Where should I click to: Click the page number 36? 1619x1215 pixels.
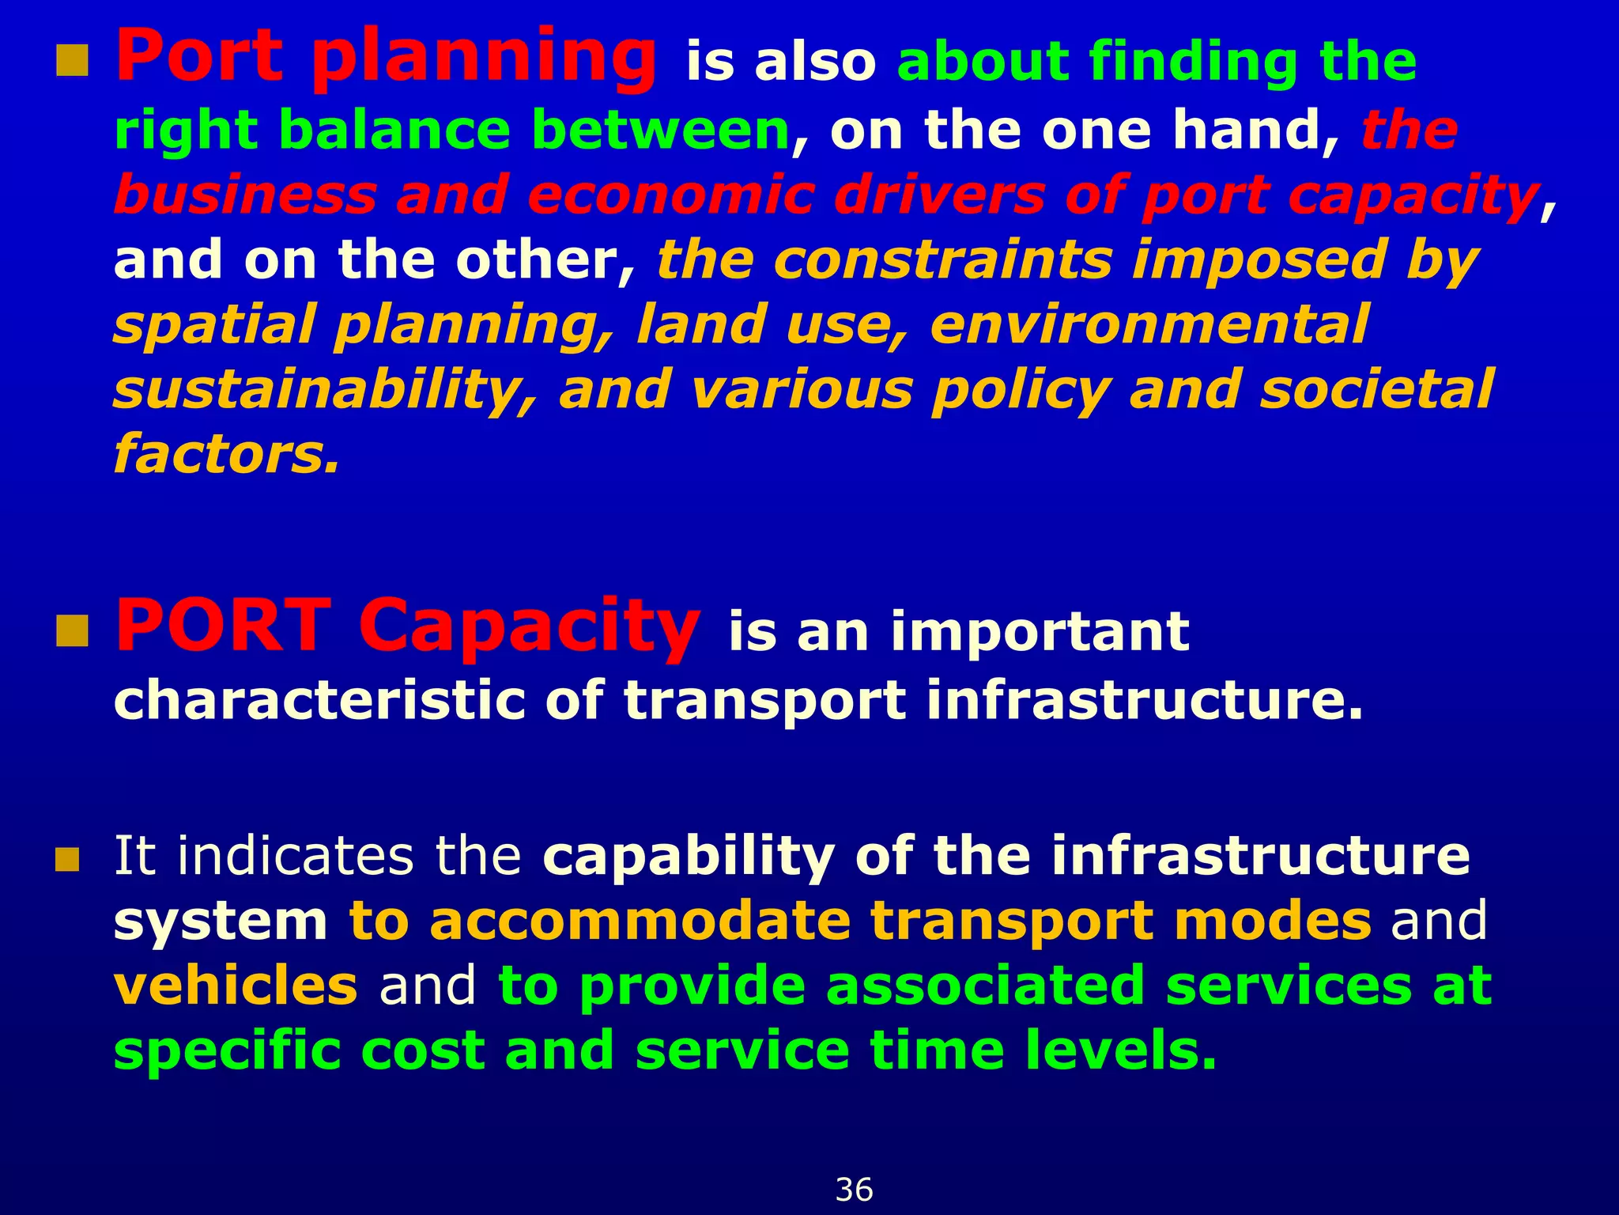[854, 1190]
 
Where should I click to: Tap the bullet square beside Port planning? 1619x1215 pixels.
[72, 61]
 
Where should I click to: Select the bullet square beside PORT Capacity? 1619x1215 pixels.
[72, 631]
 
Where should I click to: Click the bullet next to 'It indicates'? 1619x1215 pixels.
[67, 859]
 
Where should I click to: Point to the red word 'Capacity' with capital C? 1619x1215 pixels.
[528, 626]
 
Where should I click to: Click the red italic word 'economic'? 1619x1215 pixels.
[670, 195]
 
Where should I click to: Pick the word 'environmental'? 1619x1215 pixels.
[1149, 325]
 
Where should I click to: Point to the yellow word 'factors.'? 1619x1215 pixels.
[226, 455]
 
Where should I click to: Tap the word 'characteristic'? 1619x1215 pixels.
[319, 700]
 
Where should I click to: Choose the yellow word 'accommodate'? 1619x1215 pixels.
[640, 921]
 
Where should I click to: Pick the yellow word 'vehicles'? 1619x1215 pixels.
[236, 986]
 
